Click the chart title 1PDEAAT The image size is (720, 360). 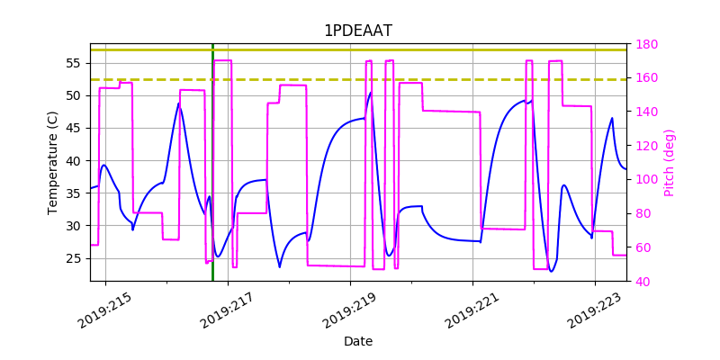coord(358,31)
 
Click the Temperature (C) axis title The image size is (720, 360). coord(53,162)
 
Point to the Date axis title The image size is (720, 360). coord(358,341)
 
